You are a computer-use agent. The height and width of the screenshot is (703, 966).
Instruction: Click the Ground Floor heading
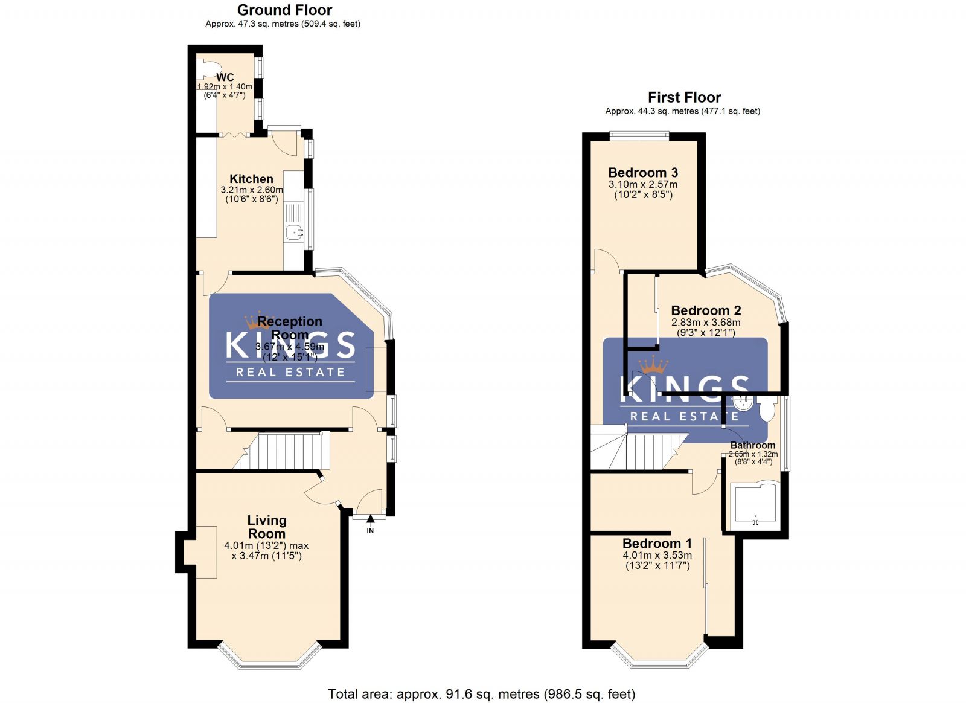tap(284, 10)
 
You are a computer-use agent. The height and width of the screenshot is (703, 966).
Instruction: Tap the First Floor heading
tap(684, 97)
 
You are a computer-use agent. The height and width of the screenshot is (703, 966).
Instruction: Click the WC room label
tap(225, 77)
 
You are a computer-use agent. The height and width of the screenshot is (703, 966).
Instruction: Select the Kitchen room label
tap(251, 179)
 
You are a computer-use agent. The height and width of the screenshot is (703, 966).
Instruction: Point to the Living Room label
tap(266, 527)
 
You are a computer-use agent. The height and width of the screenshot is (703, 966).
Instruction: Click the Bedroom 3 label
tap(642, 173)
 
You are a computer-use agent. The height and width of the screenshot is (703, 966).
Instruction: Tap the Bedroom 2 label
tap(706, 311)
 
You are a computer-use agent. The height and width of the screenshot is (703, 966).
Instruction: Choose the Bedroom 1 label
tap(657, 544)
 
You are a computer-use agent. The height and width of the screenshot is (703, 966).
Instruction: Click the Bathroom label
tap(753, 445)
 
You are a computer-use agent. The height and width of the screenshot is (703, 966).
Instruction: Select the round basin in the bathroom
tap(743, 403)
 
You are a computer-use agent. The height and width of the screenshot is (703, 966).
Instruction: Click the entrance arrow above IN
tap(370, 518)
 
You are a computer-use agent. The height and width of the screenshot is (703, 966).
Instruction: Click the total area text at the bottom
tap(481, 694)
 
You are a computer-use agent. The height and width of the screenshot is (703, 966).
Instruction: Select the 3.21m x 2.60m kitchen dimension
tap(251, 190)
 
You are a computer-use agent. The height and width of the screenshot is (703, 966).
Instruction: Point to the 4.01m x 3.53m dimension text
tap(657, 555)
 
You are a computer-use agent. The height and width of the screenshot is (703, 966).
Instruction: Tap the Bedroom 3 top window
tap(639, 136)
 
